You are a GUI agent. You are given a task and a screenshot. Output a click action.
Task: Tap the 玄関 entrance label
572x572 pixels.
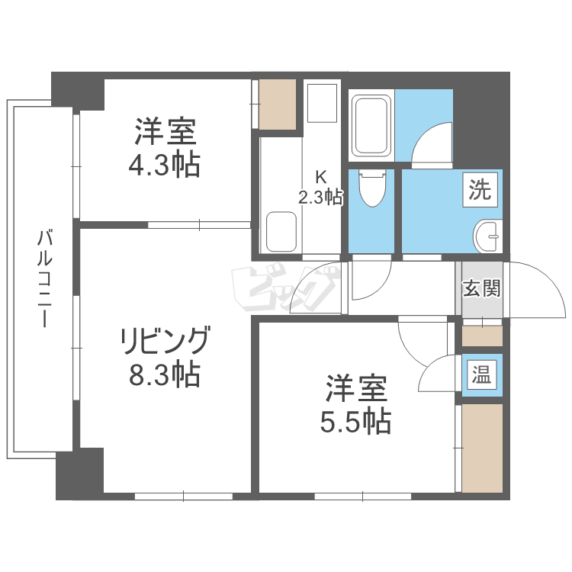coord(481,289)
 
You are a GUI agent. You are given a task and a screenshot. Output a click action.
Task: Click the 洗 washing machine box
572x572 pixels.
coord(481,189)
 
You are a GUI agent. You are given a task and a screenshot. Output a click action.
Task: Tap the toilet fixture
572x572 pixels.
coord(371,188)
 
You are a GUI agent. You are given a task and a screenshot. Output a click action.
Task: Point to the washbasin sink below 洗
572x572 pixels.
coord(487,236)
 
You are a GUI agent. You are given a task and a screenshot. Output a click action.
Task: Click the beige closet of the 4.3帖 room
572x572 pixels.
coord(276,103)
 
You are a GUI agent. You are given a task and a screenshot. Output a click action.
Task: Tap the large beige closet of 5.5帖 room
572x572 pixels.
coord(482,448)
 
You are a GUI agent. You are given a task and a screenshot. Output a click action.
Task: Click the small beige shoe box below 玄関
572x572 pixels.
coord(482,335)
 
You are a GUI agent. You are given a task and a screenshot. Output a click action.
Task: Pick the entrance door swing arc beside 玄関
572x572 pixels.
coord(538,290)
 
